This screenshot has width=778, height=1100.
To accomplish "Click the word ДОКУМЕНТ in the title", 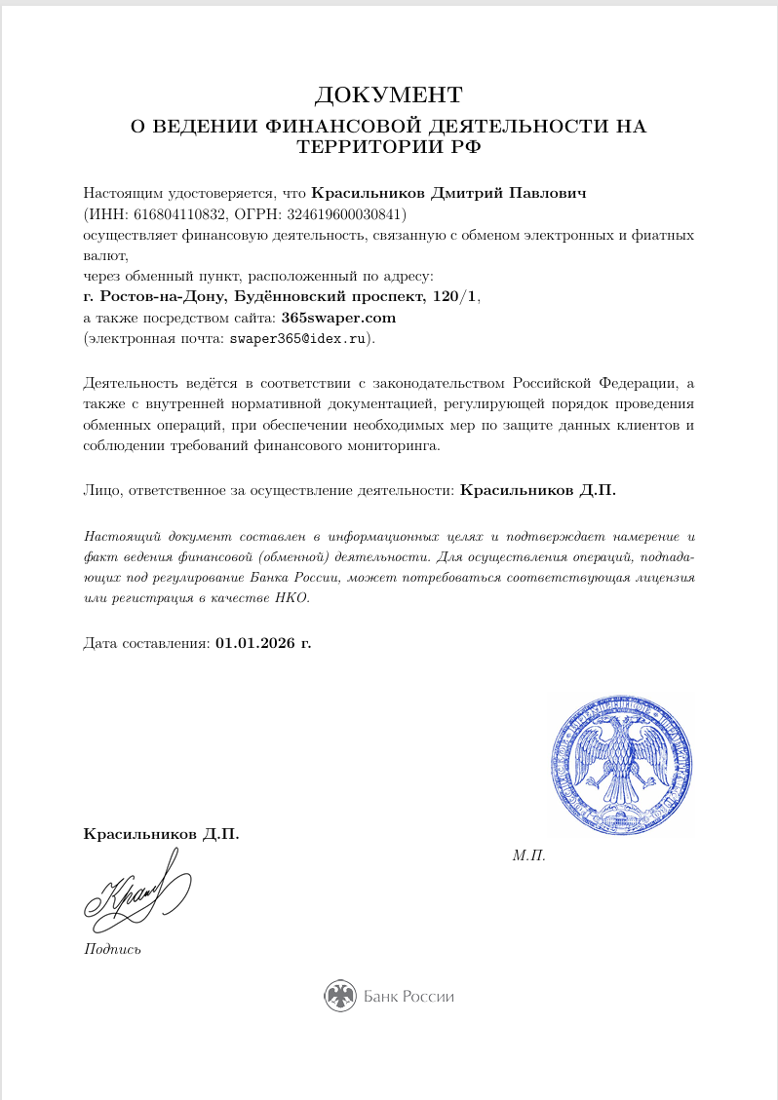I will point(388,95).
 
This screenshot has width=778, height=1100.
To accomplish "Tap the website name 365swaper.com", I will point(338,318).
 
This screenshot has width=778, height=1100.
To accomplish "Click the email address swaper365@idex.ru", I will point(298,339).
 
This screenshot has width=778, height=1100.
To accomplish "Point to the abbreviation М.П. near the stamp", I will point(528,855).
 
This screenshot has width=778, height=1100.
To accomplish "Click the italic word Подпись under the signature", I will point(113,949).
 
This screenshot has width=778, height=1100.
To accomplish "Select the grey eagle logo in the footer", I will point(340,996).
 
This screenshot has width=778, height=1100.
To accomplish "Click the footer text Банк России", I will point(409,997).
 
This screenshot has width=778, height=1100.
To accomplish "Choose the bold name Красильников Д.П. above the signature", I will point(161,834).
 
